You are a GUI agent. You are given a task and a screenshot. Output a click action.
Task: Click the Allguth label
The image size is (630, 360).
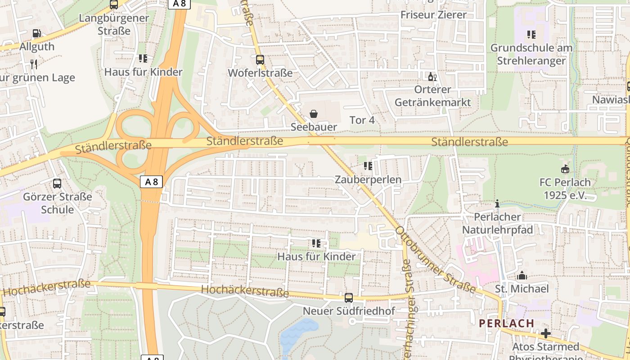point(37,46)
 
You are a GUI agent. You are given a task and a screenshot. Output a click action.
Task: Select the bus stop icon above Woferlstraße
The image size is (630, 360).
point(260,59)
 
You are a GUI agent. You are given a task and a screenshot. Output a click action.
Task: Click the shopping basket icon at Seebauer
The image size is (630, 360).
point(314,114)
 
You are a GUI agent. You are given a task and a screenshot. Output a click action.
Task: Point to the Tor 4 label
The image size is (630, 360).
point(362,120)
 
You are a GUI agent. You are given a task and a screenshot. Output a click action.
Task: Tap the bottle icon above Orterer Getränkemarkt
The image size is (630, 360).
point(432,76)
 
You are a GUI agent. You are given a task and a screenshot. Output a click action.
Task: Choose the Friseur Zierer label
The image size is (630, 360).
point(433,14)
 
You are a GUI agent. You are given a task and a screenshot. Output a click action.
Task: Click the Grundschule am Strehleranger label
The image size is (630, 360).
point(531,54)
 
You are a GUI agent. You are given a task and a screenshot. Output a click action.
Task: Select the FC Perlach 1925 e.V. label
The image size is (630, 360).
point(565,189)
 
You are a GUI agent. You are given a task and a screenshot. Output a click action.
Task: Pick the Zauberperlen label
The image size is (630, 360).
point(368,180)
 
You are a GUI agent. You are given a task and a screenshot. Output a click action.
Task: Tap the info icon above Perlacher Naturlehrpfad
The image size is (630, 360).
point(497,203)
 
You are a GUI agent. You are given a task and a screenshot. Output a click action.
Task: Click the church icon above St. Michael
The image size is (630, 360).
point(522,275)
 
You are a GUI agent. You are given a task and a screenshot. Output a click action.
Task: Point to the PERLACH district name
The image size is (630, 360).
point(506,323)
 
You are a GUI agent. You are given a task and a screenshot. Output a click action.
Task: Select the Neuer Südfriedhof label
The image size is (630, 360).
point(349,311)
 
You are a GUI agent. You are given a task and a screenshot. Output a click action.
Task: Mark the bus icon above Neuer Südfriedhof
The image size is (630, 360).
point(348,297)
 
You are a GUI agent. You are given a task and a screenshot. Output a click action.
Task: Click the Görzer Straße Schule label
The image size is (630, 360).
point(58,203)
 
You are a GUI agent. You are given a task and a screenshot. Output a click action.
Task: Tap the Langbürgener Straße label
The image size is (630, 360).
point(114,24)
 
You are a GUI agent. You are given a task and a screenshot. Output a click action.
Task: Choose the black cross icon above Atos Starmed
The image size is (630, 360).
point(546,333)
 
